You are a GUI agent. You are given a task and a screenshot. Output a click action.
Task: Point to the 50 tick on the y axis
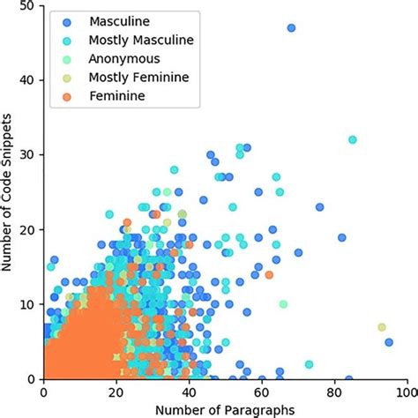point(28,6)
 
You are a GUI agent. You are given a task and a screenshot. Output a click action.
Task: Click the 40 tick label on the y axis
point(28,80)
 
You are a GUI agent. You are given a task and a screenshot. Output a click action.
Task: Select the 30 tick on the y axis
point(28,154)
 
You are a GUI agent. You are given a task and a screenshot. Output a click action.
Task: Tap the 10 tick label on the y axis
point(28,304)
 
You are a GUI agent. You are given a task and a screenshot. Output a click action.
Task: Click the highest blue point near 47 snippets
point(291,28)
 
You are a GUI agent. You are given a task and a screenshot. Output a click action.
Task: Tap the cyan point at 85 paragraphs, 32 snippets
point(352,139)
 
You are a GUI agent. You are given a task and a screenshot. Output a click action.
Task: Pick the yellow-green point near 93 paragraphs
point(381,327)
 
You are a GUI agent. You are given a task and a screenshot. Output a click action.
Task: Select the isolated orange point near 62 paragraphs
point(269,275)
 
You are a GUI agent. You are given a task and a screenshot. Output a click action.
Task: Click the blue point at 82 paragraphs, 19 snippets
point(341,237)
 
